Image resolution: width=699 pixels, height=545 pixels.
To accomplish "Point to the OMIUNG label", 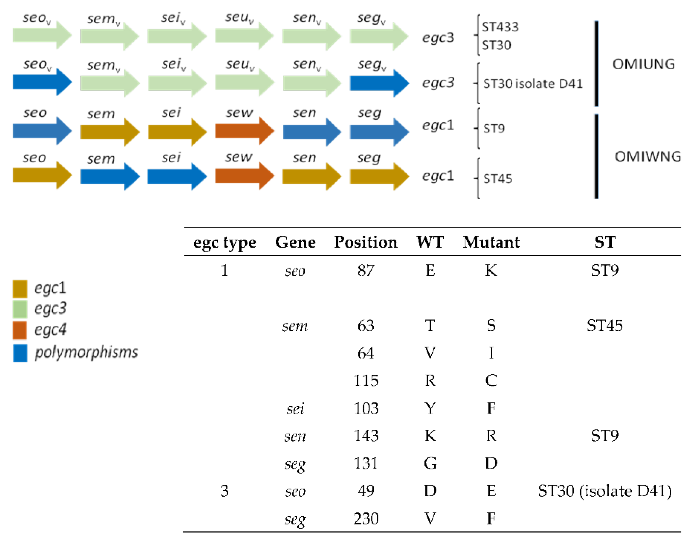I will [644, 64].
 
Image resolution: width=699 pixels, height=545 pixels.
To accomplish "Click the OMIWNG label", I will [648, 157].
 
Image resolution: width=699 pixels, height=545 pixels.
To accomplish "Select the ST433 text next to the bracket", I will [500, 27].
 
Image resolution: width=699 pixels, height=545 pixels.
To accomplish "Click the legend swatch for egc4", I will [20, 330].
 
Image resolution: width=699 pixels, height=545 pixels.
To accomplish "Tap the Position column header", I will [366, 242].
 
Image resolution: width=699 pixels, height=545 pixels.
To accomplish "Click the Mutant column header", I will [491, 242].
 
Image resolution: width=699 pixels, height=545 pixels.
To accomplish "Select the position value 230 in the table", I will [366, 518].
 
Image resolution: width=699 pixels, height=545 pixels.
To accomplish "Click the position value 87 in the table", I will [366, 271].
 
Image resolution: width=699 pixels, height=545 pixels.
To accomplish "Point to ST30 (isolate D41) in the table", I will [605, 491].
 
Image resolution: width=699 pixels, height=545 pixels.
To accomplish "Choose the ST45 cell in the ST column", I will [605, 326].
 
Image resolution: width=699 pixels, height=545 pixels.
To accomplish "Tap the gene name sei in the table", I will [295, 409].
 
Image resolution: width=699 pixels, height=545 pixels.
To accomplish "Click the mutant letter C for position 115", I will [491, 381].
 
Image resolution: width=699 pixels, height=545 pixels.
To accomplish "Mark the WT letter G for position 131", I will [430, 463].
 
